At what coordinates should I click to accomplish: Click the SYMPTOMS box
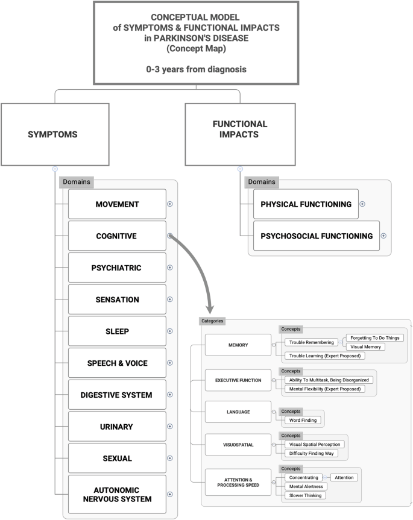point(55,134)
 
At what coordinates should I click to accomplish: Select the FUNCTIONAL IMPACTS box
point(239,134)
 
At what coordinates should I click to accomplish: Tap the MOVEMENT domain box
point(117,204)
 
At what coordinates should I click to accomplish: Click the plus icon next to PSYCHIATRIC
point(170,268)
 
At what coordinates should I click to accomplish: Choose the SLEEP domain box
point(117,331)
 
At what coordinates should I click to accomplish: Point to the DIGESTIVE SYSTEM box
point(117,395)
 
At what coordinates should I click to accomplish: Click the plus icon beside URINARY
point(170,427)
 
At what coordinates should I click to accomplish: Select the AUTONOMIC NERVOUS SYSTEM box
point(117,494)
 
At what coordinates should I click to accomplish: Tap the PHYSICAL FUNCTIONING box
point(306,204)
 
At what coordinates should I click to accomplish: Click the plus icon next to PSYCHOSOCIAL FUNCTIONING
point(383,236)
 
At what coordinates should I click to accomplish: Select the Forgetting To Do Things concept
point(374,338)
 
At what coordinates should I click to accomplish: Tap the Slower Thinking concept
point(305,495)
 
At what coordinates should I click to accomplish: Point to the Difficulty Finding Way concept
point(314,453)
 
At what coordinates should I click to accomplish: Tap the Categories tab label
point(213,321)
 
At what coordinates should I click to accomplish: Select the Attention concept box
point(344,477)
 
